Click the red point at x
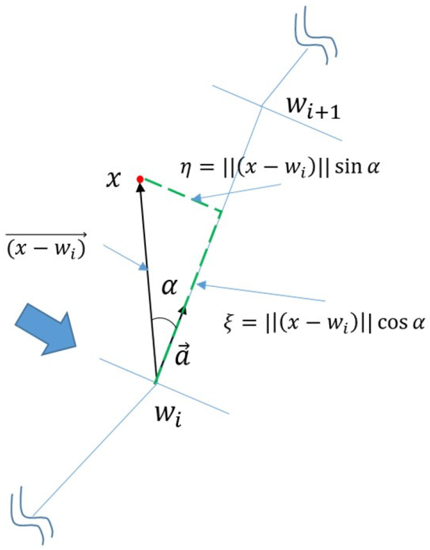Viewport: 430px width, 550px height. [x=140, y=179]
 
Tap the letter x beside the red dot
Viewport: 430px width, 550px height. [x=114, y=180]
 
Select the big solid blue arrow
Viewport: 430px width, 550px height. [x=46, y=329]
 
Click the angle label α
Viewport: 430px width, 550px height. [x=169, y=288]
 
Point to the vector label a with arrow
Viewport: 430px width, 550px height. [x=182, y=355]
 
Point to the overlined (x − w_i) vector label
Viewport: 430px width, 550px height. [x=46, y=247]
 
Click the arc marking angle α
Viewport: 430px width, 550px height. [x=163, y=321]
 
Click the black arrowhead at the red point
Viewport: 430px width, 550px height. [x=140, y=187]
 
